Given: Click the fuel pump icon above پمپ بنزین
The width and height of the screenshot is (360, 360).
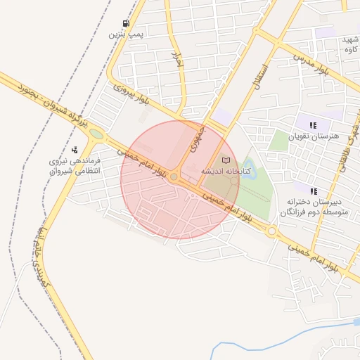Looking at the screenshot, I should pyautogui.click(x=126, y=23).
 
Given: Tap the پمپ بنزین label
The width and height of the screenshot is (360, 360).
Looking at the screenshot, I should pyautogui.click(x=126, y=34).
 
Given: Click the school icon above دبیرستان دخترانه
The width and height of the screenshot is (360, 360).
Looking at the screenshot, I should pyautogui.click(x=314, y=191).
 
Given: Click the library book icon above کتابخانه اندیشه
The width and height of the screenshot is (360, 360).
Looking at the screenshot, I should pyautogui.click(x=226, y=160).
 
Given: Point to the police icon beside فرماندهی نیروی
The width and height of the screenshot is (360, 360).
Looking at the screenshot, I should pyautogui.click(x=75, y=149).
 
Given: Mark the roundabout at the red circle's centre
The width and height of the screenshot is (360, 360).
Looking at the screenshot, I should pyautogui.click(x=174, y=176).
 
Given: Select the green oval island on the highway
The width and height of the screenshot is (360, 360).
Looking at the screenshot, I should pyautogui.click(x=95, y=134).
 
